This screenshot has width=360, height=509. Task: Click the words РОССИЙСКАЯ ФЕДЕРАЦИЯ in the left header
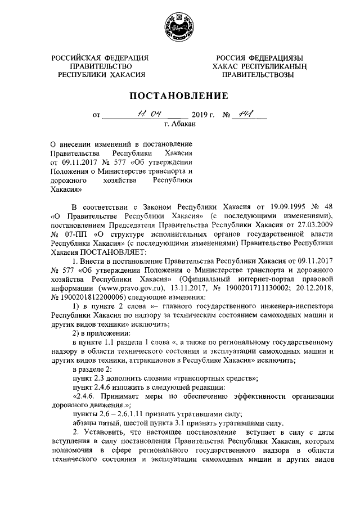100,58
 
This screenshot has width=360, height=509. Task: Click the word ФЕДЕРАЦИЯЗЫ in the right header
276,58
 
